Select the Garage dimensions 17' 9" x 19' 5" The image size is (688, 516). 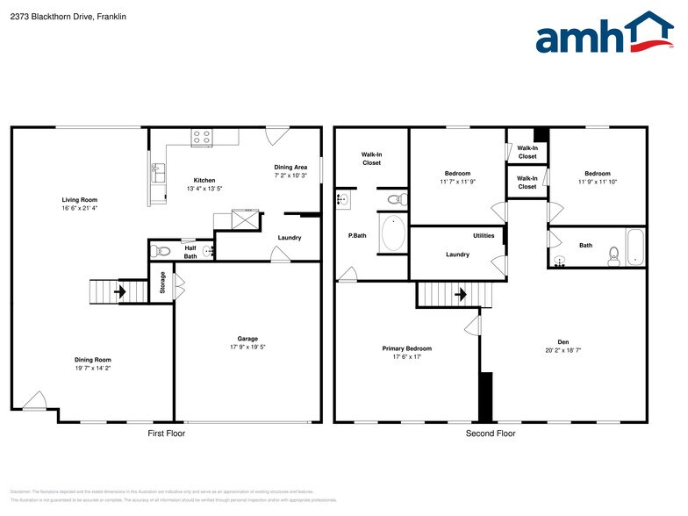[x=247, y=348]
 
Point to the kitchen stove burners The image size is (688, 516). [x=202, y=137]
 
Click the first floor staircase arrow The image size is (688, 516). [x=119, y=290]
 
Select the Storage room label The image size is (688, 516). [x=162, y=283]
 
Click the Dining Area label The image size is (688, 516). [x=290, y=167]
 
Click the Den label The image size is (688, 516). [x=563, y=342]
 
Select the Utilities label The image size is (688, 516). [x=484, y=235]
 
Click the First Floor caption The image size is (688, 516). [x=167, y=434]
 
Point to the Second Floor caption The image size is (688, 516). [x=491, y=434]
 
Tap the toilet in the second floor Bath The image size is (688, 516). [x=614, y=254]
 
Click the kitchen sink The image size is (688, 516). [x=158, y=172]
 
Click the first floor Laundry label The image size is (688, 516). [x=290, y=238]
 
